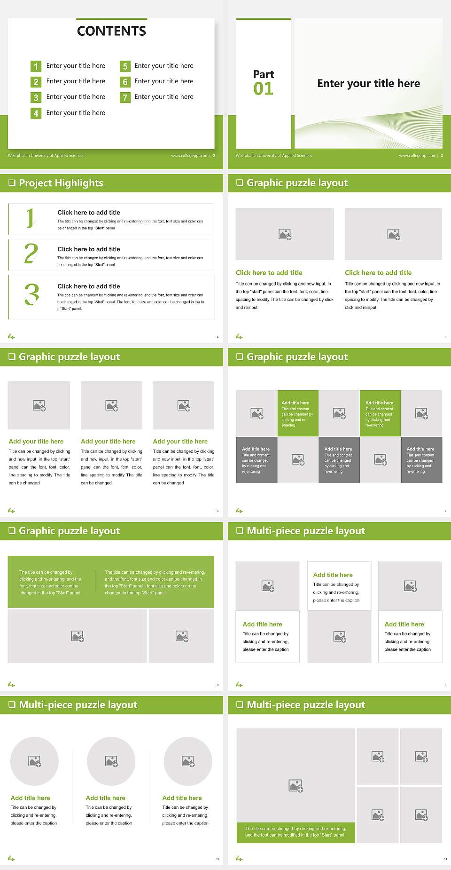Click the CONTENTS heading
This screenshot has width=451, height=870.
pyautogui.click(x=111, y=31)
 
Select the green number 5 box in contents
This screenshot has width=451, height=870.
pyautogui.click(x=125, y=66)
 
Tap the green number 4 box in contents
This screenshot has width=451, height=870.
pyautogui.click(x=36, y=113)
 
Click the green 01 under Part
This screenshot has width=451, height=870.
pyautogui.click(x=263, y=88)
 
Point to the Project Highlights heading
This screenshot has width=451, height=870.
pyautogui.click(x=61, y=183)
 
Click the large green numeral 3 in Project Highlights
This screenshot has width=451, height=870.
pyautogui.click(x=31, y=294)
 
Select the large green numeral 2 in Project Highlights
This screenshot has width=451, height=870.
pyautogui.click(x=31, y=253)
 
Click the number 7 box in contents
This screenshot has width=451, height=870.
pyautogui.click(x=125, y=97)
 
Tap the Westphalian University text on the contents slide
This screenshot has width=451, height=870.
pyautogui.click(x=46, y=155)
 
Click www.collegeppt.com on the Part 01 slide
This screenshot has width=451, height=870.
pyautogui.click(x=417, y=155)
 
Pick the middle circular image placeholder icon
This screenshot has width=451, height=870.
pyautogui.click(x=111, y=761)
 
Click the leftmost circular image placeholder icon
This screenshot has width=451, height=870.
pyautogui.click(x=35, y=761)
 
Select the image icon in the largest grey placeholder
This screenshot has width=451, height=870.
pyautogui.click(x=296, y=786)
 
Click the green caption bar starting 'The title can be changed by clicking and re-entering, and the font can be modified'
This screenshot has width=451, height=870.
pyautogui.click(x=295, y=832)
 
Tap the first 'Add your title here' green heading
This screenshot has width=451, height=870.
pyautogui.click(x=36, y=442)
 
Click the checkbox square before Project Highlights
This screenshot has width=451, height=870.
pyautogui.click(x=12, y=183)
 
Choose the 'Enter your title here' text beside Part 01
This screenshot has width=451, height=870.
pyautogui.click(x=368, y=84)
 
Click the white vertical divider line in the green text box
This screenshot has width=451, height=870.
pyautogui.click(x=96, y=582)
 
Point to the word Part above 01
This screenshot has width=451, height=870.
pyautogui.click(x=263, y=74)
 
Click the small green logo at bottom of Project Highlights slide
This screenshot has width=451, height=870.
pyautogui.click(x=12, y=336)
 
